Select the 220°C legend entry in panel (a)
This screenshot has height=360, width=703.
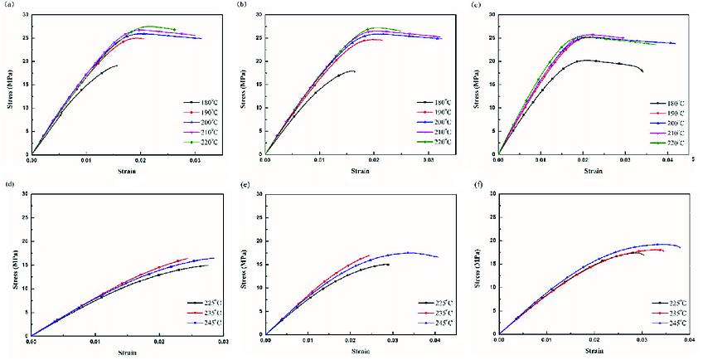pyautogui.click(x=197, y=142)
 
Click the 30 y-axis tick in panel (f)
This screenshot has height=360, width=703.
pyautogui.click(x=491, y=194)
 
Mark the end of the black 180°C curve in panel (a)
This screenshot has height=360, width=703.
pyautogui.click(x=117, y=66)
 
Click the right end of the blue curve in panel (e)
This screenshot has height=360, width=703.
pyautogui.click(x=438, y=256)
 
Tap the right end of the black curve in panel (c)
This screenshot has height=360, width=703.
pyautogui.click(x=642, y=71)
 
